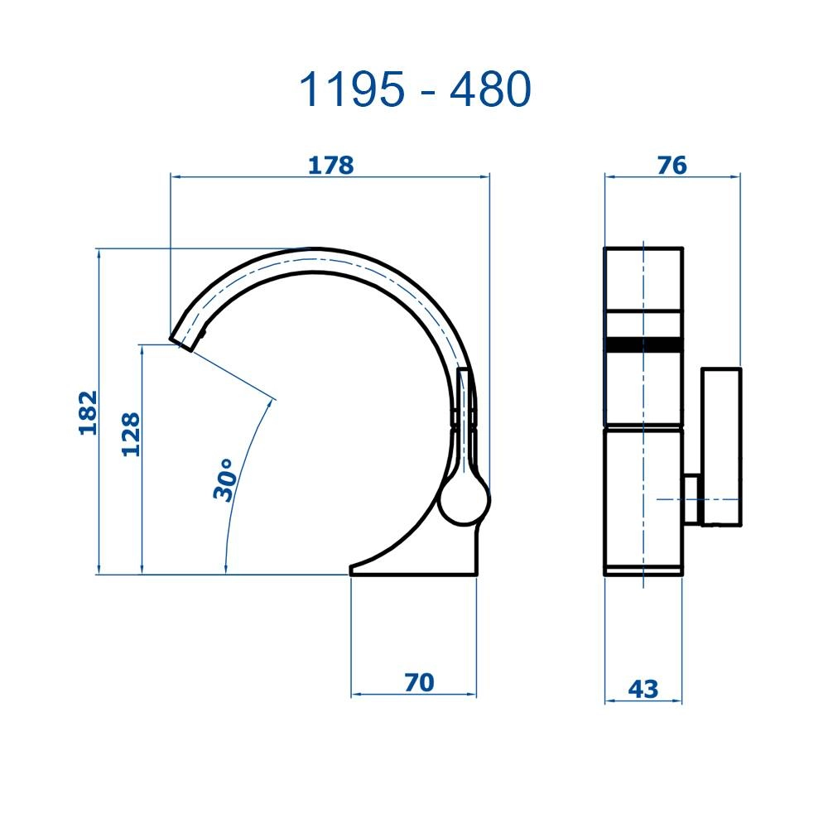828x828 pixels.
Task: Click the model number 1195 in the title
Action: (x=354, y=90)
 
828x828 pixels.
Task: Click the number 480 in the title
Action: (x=489, y=90)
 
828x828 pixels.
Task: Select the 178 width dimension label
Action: (x=330, y=165)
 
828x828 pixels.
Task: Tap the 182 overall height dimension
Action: (x=88, y=412)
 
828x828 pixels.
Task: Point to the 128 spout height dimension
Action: (x=131, y=434)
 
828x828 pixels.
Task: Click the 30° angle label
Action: (x=225, y=480)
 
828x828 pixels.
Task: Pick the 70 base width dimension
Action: (x=419, y=682)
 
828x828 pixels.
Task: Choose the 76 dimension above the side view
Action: (x=672, y=165)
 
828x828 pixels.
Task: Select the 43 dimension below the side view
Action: (x=643, y=688)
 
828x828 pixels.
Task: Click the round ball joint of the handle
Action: (x=464, y=499)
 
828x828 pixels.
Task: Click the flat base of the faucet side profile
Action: (x=414, y=569)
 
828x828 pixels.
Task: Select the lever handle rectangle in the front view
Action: (x=720, y=446)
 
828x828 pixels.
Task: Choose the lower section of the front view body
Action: (x=643, y=497)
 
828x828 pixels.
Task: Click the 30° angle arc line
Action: (x=240, y=480)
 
